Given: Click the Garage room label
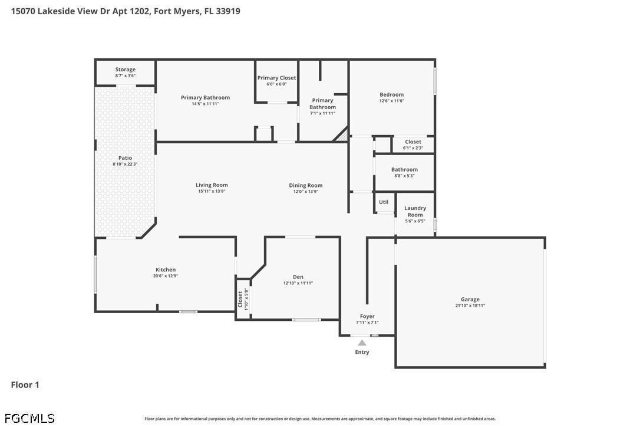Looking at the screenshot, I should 470,300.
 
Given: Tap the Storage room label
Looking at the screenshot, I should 125,70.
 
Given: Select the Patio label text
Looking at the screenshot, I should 125,157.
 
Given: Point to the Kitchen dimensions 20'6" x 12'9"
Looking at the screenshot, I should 166,276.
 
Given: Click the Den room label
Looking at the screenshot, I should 298,277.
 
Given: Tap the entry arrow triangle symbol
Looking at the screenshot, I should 362,343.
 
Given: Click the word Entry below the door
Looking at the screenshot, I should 362,352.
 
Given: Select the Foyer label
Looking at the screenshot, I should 367,316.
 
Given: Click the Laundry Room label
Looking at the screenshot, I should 415,211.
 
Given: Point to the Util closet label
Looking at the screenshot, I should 384,202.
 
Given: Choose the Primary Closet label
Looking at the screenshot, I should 276,78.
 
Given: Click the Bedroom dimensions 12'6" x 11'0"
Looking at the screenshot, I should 391,101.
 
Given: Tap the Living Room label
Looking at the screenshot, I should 212,185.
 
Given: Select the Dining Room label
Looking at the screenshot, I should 305,185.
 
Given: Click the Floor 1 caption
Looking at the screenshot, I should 25,385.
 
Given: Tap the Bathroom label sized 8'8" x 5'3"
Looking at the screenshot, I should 404,170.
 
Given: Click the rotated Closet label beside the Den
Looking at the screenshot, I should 240,300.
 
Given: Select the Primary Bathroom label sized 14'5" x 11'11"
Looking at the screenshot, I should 205,97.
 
